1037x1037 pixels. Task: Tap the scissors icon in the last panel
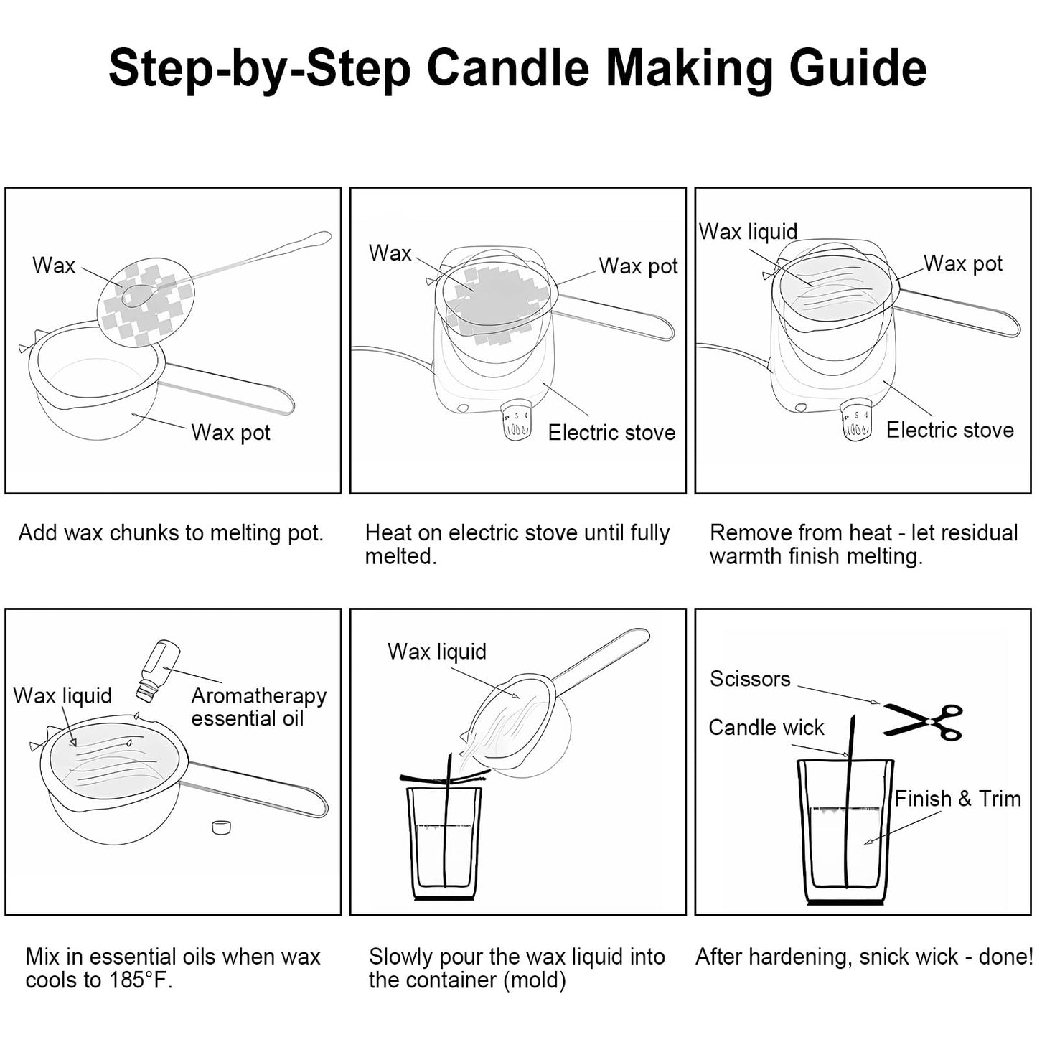(924, 721)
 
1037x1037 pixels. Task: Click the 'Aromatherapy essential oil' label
(258, 707)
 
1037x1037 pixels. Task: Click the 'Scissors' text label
(749, 679)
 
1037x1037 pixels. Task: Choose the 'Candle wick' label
(766, 728)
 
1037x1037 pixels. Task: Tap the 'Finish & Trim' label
(957, 799)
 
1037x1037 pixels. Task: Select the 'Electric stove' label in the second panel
(611, 433)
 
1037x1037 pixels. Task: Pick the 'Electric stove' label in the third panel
(949, 430)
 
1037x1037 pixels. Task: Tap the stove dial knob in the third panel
(855, 421)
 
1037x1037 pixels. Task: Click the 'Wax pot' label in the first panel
(230, 433)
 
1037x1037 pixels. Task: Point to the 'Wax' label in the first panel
(54, 266)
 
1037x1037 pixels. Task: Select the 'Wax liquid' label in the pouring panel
(436, 652)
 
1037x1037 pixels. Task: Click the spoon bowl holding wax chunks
(135, 296)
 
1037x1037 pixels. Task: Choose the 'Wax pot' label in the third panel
(962, 263)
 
